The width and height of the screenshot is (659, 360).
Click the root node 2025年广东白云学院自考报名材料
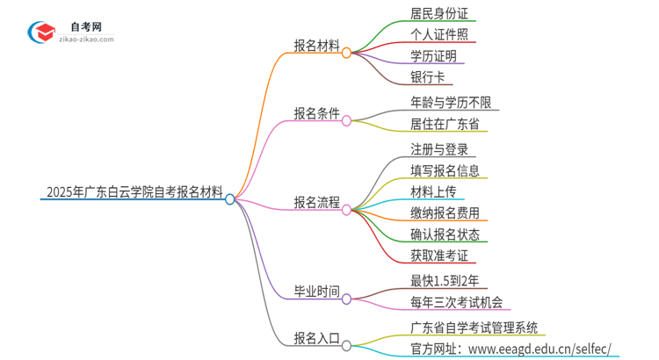132,191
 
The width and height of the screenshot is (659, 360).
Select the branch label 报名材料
316,45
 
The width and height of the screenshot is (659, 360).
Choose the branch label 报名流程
316,202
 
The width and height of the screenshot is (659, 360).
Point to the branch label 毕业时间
316,291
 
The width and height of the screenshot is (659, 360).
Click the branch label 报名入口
316,336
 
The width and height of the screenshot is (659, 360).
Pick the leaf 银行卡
427,78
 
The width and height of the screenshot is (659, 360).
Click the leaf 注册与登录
439,148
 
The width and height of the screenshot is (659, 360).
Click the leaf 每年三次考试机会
456,303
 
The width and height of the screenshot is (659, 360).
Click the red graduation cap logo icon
40,32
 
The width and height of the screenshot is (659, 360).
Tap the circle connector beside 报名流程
347,210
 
